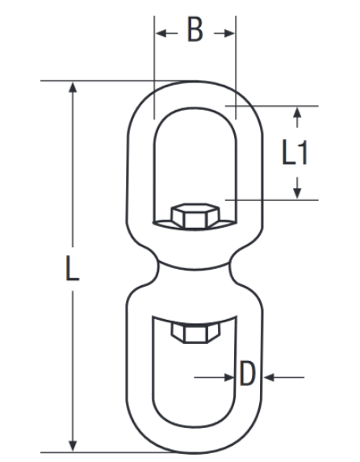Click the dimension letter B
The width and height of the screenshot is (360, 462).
(195, 29)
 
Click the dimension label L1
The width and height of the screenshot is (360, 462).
(295, 153)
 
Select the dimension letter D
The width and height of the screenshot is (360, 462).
(247, 373)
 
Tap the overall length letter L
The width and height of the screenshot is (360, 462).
(73, 268)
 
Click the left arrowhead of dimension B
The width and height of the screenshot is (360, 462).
(161, 33)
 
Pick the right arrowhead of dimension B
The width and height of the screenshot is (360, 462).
(229, 33)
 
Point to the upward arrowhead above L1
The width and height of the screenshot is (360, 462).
(297, 113)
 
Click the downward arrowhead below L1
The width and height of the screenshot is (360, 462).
(297, 193)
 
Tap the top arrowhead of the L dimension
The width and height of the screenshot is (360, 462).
(73, 87)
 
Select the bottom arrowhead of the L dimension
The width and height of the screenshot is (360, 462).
(73, 446)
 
